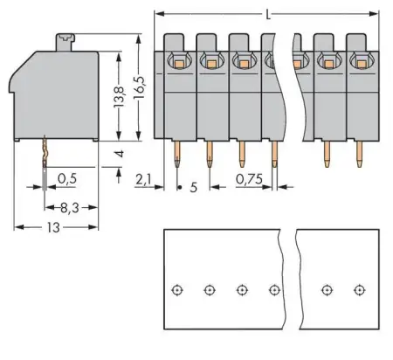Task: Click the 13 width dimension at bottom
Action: tap(54, 227)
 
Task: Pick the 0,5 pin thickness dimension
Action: tap(66, 180)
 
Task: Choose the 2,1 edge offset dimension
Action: tap(144, 180)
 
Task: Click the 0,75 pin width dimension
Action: tap(251, 180)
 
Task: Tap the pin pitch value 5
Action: tap(194, 185)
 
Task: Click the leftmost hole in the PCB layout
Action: tap(177, 289)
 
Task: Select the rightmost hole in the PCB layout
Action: tap(358, 289)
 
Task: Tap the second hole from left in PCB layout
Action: tap(210, 289)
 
